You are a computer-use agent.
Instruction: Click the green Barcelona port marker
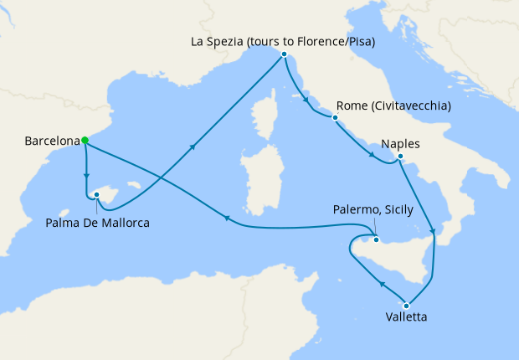[x=85, y=141]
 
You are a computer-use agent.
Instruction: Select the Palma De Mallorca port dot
[x=97, y=195]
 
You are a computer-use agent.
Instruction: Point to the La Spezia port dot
[x=285, y=54]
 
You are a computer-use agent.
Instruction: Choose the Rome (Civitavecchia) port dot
[x=335, y=118]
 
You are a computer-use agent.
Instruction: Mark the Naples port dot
[x=400, y=157]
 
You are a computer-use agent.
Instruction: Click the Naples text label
[x=400, y=143]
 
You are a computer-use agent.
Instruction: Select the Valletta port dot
[x=407, y=305]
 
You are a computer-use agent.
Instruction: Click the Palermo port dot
[x=376, y=240]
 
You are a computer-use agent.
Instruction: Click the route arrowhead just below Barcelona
[x=86, y=176]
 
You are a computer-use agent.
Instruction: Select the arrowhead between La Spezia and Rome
[x=306, y=102]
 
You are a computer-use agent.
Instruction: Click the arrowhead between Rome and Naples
[x=371, y=155]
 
